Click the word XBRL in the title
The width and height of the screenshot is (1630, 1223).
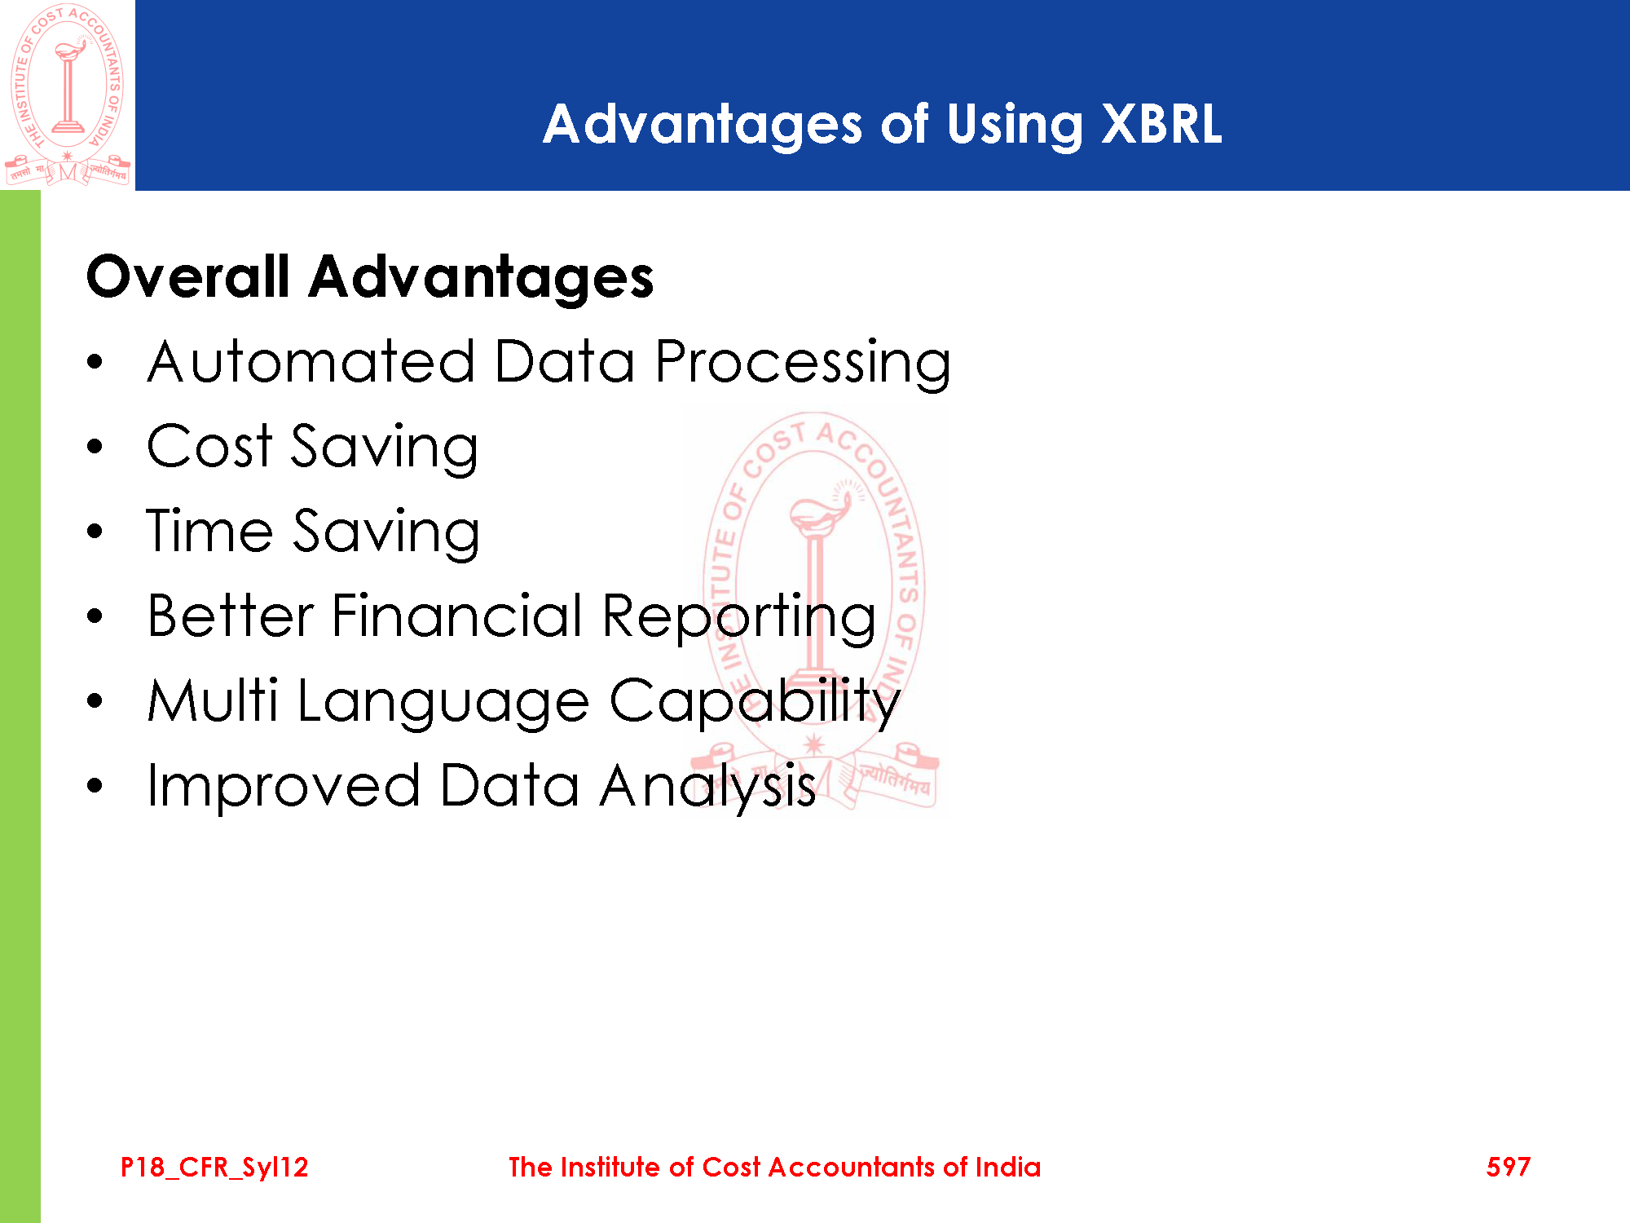pos(1161,125)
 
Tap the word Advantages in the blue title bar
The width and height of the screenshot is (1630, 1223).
pos(703,125)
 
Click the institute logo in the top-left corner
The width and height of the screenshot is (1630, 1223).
pos(68,95)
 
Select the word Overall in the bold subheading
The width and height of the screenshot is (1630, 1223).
pos(188,276)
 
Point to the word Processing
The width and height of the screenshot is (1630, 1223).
pos(803,364)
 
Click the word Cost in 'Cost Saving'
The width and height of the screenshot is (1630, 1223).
pos(209,447)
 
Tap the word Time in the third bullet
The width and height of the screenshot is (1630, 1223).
pos(209,531)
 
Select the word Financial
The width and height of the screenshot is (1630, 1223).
pos(457,615)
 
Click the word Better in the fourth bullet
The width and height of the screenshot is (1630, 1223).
pos(231,615)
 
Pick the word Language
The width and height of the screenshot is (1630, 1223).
pos(443,702)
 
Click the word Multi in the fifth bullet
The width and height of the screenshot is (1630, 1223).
pos(213,700)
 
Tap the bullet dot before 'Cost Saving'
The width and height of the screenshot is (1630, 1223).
pos(95,447)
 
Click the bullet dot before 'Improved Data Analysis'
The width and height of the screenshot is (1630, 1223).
pos(95,785)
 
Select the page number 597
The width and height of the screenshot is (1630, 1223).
pos(1509,1167)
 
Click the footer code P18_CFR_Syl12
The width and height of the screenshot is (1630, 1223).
pos(214,1168)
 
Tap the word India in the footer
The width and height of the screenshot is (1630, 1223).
pos(1008,1167)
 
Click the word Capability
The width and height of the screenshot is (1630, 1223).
pos(755,702)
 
